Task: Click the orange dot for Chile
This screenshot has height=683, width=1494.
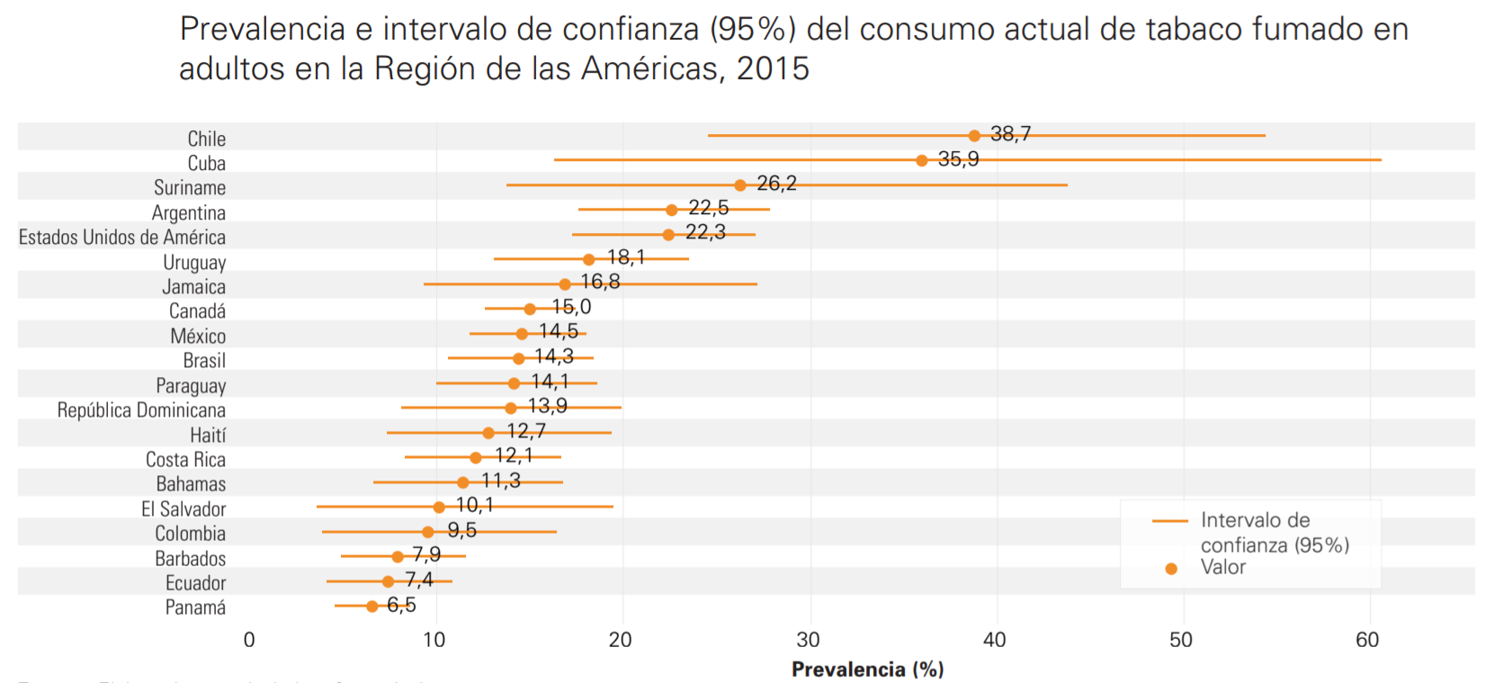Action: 974,136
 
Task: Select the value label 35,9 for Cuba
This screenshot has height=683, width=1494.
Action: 958,159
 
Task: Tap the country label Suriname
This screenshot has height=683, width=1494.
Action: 190,188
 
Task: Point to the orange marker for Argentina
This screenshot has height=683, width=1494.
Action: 672,210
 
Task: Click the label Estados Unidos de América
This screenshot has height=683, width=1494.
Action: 122,238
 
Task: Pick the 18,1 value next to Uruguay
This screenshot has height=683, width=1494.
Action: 626,257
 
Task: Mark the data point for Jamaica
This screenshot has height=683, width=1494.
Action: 565,284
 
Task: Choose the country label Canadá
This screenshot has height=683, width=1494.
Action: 197,311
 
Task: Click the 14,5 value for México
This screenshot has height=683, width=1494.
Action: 559,331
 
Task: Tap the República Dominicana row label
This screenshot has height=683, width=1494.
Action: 141,410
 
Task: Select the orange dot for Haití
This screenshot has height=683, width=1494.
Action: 488,433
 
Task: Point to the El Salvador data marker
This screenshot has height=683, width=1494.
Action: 439,507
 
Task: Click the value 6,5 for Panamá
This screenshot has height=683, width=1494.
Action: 401,605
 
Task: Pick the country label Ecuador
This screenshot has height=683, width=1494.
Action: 195,583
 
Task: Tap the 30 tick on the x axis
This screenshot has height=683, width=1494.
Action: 808,640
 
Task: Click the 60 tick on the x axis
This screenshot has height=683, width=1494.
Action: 1367,640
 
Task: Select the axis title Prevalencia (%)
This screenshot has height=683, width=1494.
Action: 867,670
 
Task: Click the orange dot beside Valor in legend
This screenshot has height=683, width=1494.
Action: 1171,569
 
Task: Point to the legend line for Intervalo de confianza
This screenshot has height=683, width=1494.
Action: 1170,521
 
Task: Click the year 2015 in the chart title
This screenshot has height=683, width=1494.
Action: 773,68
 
